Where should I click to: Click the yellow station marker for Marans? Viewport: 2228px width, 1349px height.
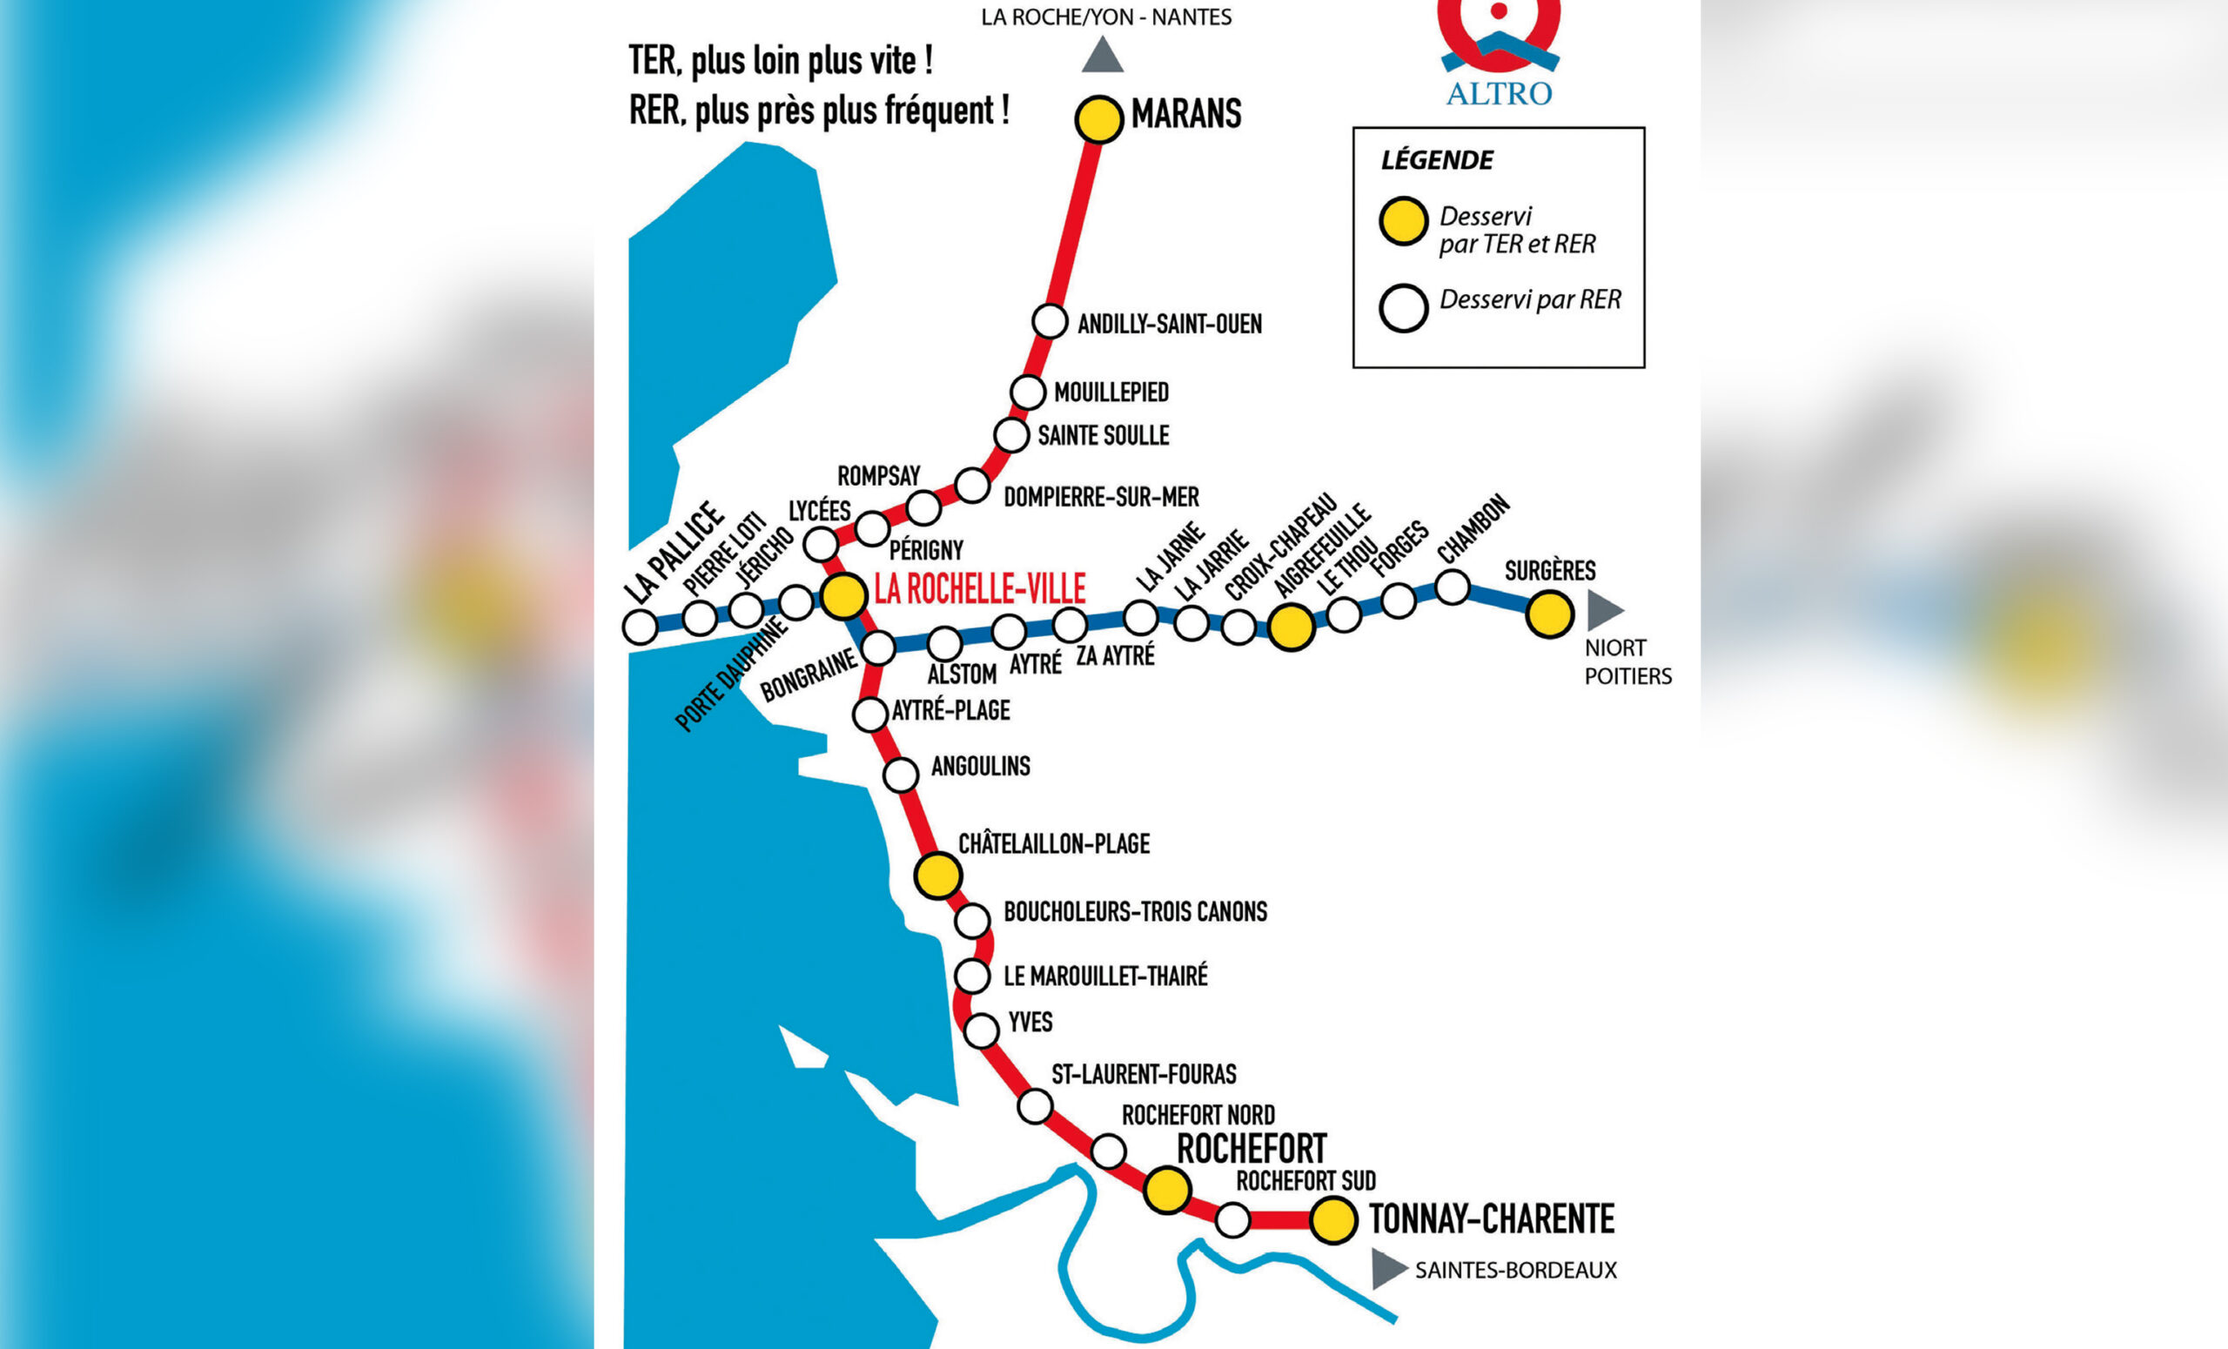1098,119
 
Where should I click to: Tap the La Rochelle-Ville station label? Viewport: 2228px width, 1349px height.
979,589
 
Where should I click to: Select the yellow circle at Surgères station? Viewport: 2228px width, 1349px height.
1549,614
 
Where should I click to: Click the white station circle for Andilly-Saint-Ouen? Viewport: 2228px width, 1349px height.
1049,321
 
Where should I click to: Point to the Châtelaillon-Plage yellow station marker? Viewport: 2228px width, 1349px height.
937,876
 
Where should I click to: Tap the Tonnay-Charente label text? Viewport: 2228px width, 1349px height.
1491,1218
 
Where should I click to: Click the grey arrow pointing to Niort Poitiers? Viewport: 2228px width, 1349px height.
1604,610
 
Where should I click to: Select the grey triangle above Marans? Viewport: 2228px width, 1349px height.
1102,55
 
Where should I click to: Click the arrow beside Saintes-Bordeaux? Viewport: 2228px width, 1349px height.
1387,1269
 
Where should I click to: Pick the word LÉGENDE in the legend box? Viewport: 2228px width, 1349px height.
1437,161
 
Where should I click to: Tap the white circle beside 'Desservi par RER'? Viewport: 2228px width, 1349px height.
1403,308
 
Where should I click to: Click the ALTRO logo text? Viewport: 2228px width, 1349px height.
1499,94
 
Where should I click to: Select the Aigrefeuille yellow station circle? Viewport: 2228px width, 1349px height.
1291,627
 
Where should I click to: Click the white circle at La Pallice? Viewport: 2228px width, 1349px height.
641,628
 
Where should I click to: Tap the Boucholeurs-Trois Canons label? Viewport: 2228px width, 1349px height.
1135,912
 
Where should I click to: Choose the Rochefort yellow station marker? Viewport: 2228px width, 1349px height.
1166,1190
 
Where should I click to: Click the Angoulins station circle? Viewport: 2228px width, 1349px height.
901,775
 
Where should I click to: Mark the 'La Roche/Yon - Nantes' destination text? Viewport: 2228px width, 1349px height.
1106,17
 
